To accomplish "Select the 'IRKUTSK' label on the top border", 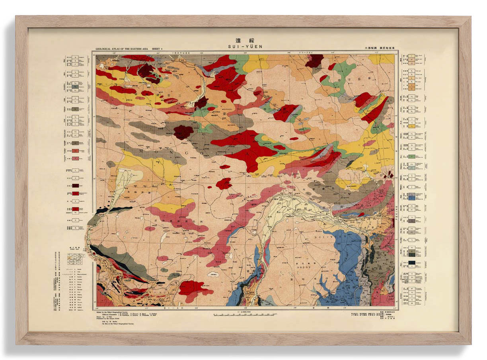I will tap(181, 52).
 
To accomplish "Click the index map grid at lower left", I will tap(75, 259).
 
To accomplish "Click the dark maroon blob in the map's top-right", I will tap(314, 61).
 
